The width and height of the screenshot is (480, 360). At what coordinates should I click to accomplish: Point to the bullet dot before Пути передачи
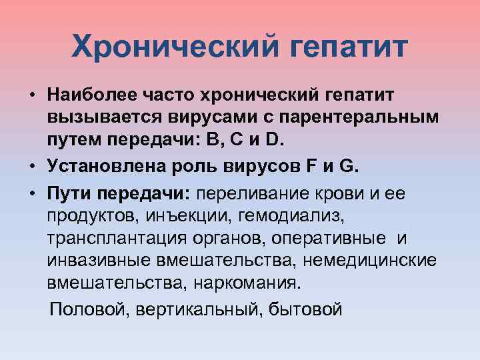(32, 193)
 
